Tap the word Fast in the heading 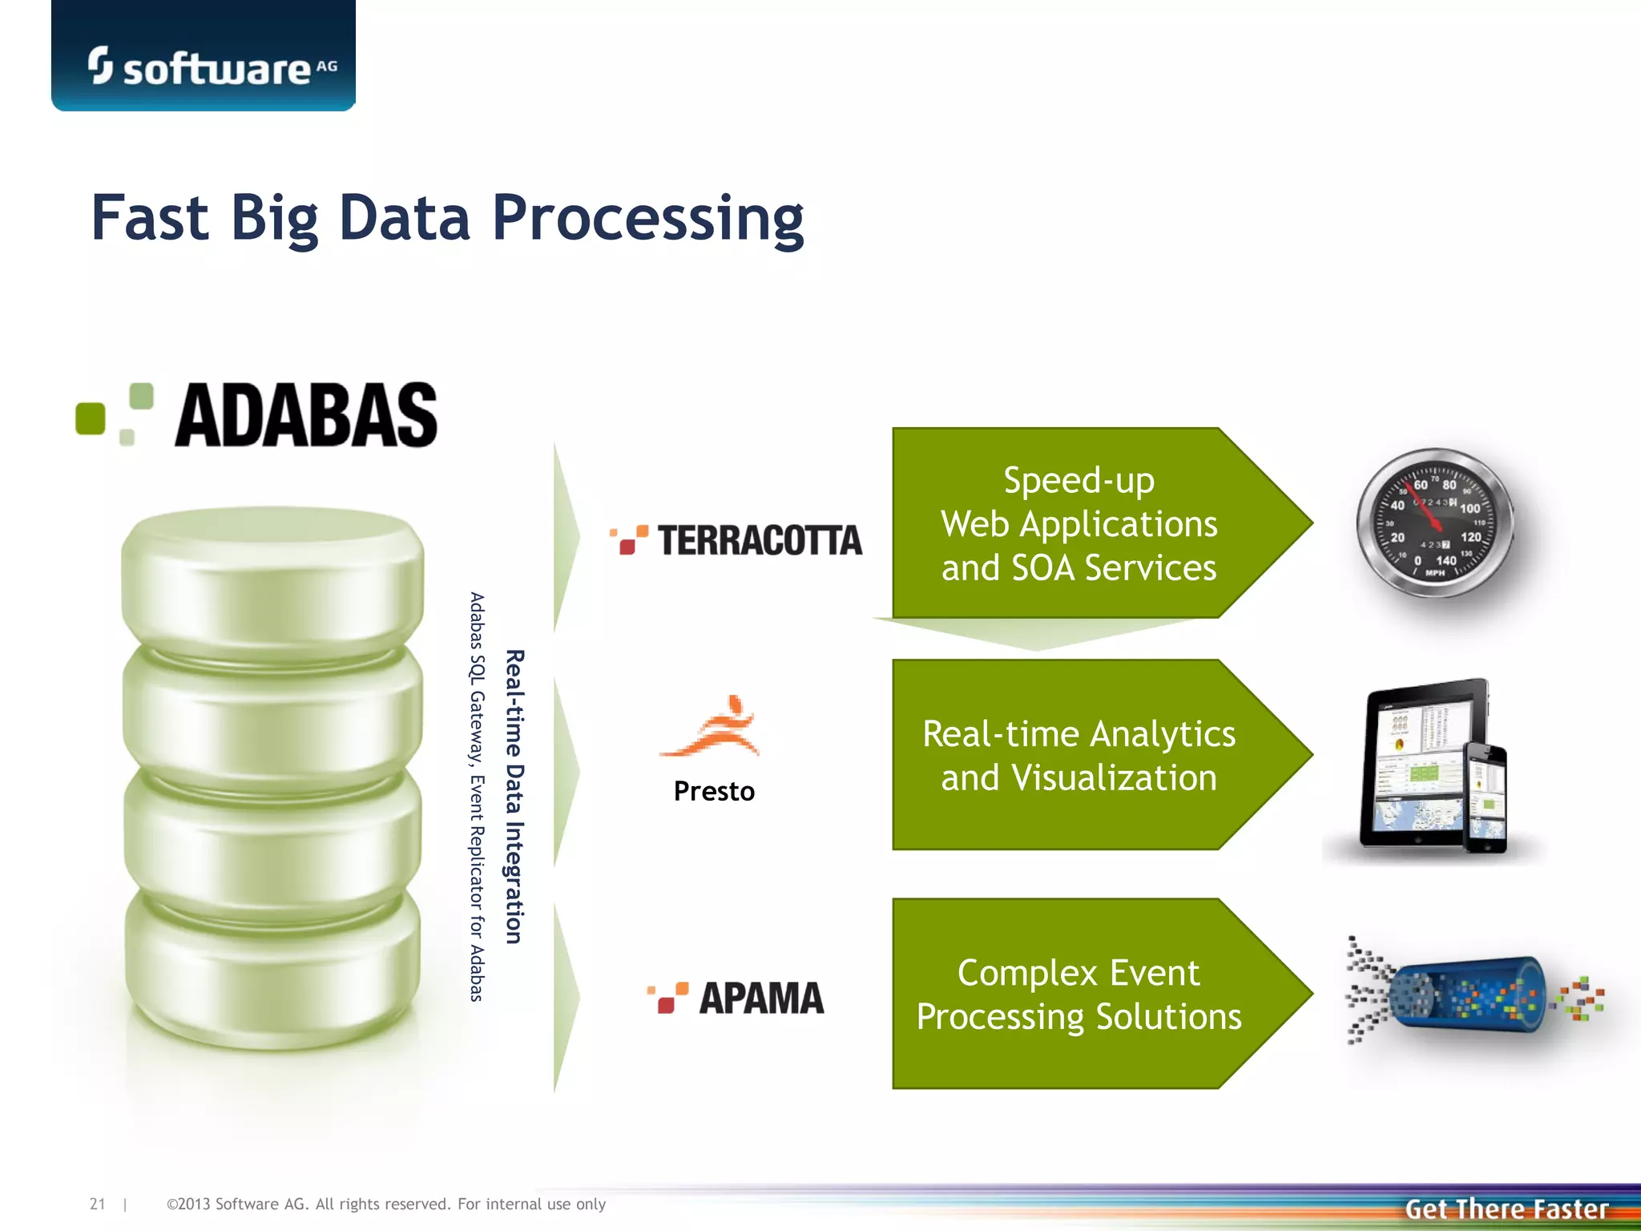pyautogui.click(x=150, y=218)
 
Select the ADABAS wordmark pyautogui.click(x=306, y=416)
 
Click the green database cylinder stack pyautogui.click(x=272, y=777)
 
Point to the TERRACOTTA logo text pyautogui.click(x=760, y=540)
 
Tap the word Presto pyautogui.click(x=714, y=792)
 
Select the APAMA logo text pyautogui.click(x=761, y=999)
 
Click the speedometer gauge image pyautogui.click(x=1434, y=523)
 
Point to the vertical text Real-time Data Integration pyautogui.click(x=514, y=797)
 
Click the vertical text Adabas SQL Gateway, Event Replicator pyautogui.click(x=477, y=797)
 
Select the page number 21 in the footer pyautogui.click(x=97, y=1204)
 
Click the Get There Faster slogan pyautogui.click(x=1506, y=1209)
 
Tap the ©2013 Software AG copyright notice pyautogui.click(x=385, y=1204)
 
